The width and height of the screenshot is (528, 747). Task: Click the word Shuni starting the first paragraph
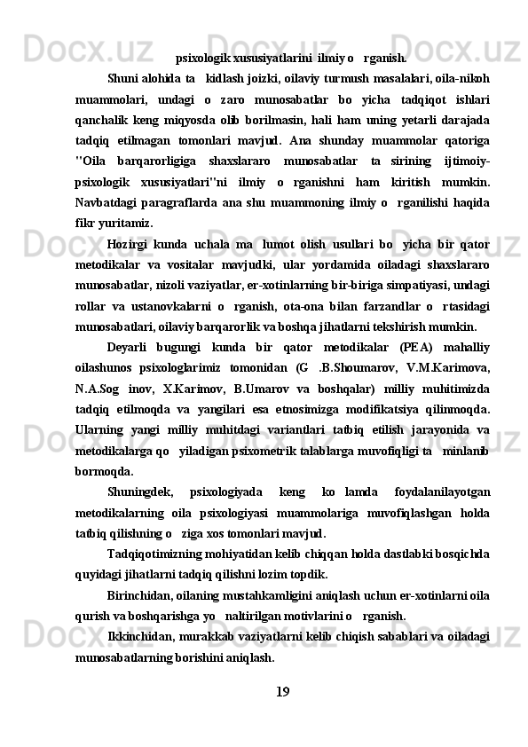click(x=123, y=78)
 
